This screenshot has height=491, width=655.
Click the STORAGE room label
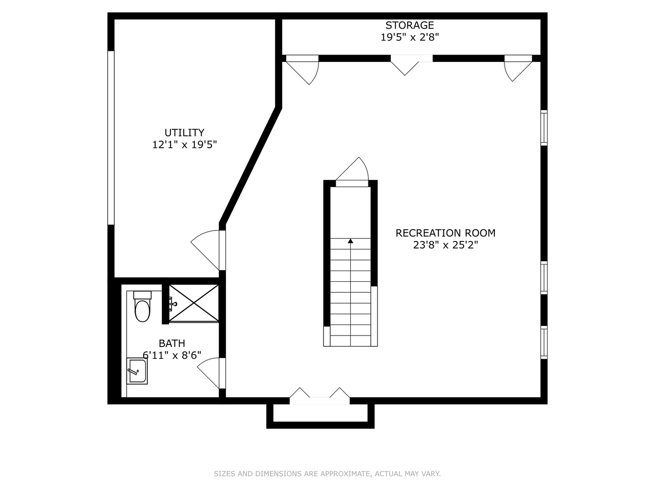409,25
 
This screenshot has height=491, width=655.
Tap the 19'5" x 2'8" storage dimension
409,37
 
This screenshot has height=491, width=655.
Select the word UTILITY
184,132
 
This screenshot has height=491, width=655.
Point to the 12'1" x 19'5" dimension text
184,145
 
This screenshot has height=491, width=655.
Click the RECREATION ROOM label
445,233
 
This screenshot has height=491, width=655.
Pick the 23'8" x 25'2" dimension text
445,245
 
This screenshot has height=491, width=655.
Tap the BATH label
172,343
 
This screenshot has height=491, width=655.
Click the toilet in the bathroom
142,306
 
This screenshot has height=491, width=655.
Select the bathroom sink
137,371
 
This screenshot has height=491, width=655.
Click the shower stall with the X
194,303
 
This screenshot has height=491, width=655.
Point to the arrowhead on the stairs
350,241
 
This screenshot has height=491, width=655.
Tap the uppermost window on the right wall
544,128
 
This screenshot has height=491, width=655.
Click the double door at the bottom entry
320,396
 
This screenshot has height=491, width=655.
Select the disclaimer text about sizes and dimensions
327,473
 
